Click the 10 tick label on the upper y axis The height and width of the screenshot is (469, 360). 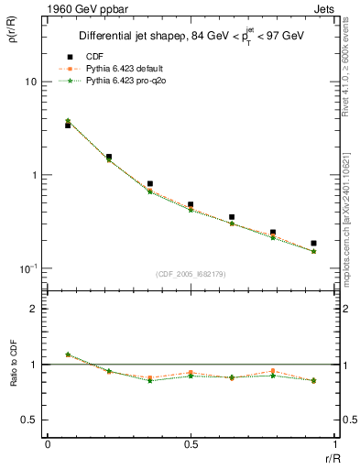(x=30, y=82)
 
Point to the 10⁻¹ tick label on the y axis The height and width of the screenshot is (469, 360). (x=28, y=268)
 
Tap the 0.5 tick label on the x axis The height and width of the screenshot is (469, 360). (x=191, y=445)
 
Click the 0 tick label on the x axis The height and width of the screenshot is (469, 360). (x=48, y=445)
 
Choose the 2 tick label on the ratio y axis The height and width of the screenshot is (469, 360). (x=34, y=309)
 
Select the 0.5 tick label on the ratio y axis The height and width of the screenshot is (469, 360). (x=30, y=420)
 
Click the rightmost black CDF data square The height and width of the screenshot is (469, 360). (x=313, y=244)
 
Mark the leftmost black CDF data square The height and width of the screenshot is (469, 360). (x=68, y=125)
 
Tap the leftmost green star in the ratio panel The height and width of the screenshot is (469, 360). (x=68, y=354)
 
